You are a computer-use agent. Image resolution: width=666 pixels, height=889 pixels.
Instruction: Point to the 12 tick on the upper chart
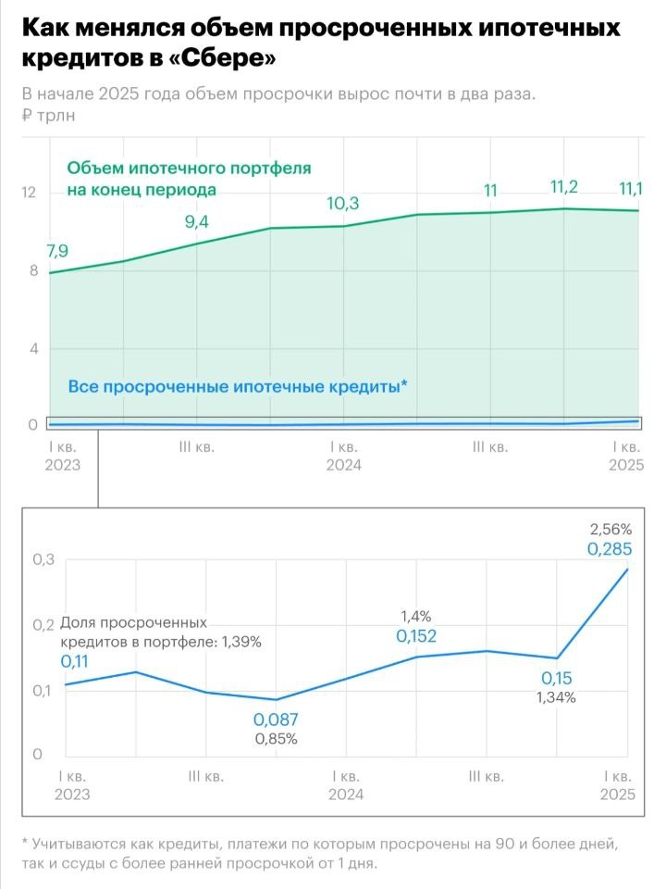point(29,193)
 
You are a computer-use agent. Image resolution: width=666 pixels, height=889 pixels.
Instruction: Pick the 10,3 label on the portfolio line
point(342,204)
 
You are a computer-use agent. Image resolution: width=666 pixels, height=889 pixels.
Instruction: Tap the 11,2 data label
point(563,188)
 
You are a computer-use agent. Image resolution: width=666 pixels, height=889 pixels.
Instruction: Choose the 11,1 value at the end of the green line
point(631,189)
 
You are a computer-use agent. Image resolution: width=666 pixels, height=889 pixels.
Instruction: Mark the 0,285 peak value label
point(610,549)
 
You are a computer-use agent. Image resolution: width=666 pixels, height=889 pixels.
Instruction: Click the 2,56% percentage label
point(610,530)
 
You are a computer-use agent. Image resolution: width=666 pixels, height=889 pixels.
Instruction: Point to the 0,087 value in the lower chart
point(276,720)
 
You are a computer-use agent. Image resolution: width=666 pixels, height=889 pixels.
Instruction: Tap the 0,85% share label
point(276,739)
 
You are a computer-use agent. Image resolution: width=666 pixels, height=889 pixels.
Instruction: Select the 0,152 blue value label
point(416,636)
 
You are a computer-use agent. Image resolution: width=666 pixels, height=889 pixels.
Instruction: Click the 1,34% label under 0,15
point(556,697)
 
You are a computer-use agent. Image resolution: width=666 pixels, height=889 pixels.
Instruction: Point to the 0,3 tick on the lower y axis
point(43,560)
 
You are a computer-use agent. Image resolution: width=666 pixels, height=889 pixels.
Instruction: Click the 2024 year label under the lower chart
point(345,795)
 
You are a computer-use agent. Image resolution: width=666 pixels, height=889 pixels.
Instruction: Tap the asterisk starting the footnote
point(24,845)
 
